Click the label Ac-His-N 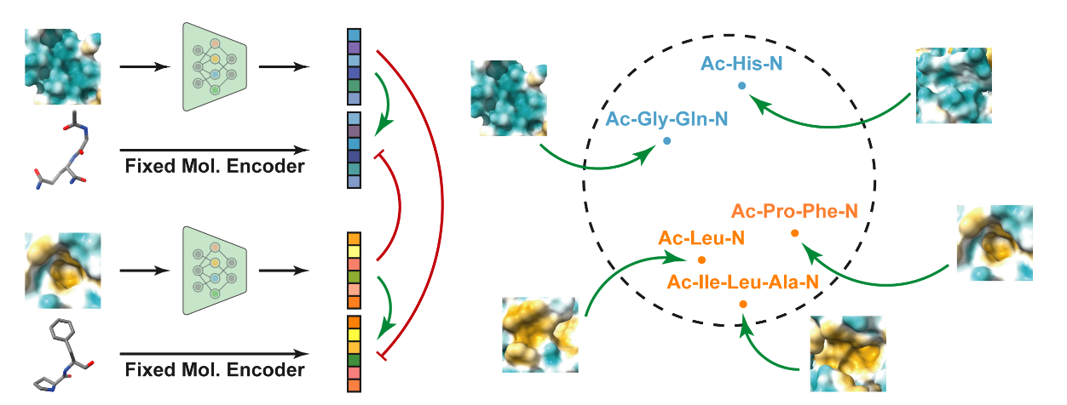pyautogui.click(x=741, y=62)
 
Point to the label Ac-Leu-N pyautogui.click(x=702, y=239)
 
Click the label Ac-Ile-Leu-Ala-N pyautogui.click(x=743, y=282)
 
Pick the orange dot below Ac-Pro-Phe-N pyautogui.click(x=794, y=232)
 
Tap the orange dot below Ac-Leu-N pyautogui.click(x=701, y=260)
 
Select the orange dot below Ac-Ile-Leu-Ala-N pyautogui.click(x=743, y=304)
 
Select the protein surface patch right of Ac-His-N pyautogui.click(x=955, y=85)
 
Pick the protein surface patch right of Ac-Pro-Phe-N pyautogui.click(x=996, y=242)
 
